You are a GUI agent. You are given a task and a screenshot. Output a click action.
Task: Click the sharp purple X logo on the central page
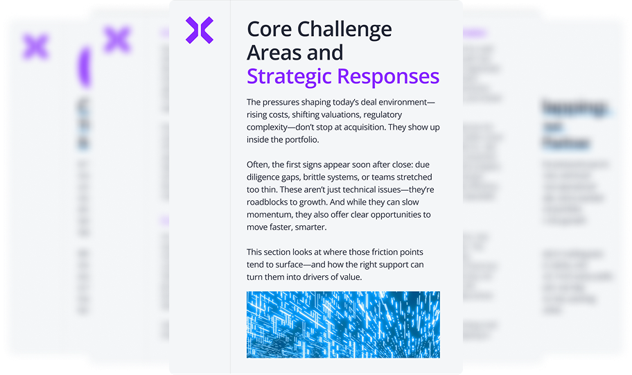tap(200, 30)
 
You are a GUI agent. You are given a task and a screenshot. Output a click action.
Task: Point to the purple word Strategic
tap(290, 76)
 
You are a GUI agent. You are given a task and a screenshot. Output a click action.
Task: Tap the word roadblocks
tap(274, 202)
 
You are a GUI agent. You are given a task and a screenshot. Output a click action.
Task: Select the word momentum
tap(271, 214)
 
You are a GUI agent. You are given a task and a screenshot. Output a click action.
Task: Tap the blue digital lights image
tap(343, 324)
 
